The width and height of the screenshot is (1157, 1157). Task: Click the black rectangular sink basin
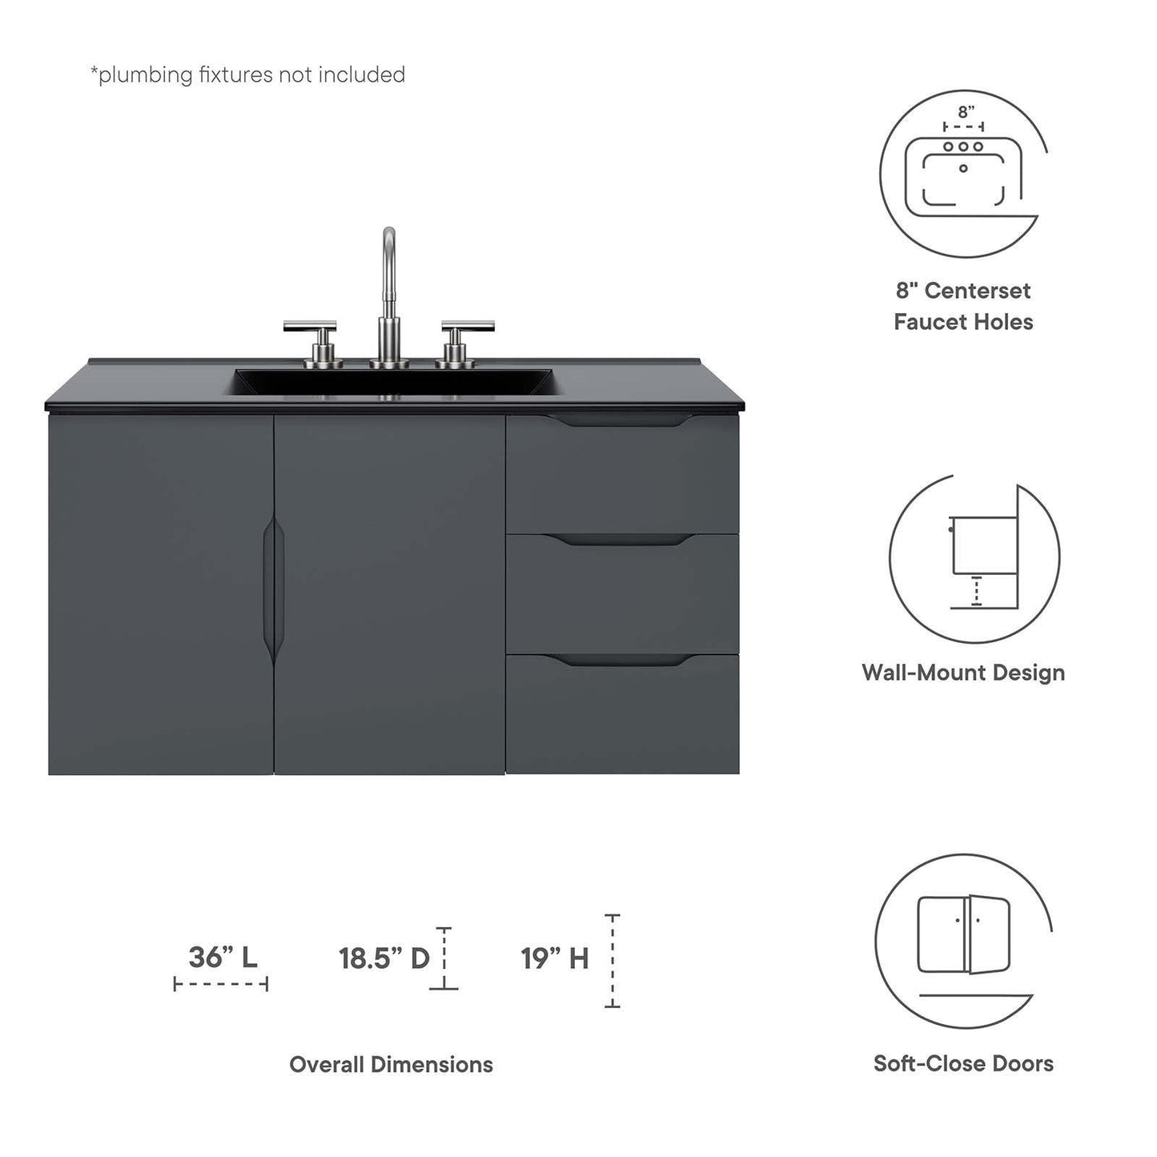(x=393, y=381)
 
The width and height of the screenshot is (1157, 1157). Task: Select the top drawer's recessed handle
(x=622, y=422)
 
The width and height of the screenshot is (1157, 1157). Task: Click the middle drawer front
(x=622, y=597)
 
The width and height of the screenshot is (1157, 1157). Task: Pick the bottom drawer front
(x=622, y=717)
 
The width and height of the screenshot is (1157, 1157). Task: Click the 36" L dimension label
(x=223, y=957)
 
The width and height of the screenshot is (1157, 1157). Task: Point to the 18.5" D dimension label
(x=384, y=958)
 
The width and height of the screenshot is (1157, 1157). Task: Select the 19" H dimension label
(x=555, y=958)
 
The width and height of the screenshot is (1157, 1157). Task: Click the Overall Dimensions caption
(x=391, y=1064)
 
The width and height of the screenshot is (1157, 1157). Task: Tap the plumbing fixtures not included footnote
(x=247, y=74)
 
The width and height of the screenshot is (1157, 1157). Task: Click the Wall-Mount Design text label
(x=963, y=672)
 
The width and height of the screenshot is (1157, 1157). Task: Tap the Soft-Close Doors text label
(x=963, y=1063)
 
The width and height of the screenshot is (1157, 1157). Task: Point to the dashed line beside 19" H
(x=613, y=960)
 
